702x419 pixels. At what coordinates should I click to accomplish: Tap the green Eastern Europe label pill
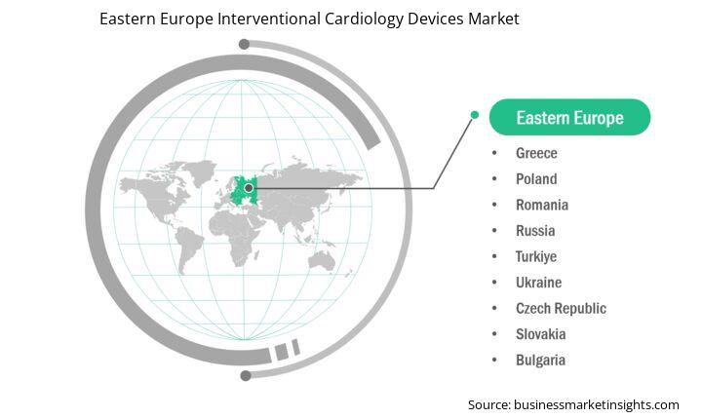pos(569,117)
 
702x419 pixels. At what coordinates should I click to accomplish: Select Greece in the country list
pos(536,153)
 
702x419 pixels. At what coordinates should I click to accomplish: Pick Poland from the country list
pos(536,179)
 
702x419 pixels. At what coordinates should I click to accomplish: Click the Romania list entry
pos(542,205)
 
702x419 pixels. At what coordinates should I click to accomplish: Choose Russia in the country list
pos(535,231)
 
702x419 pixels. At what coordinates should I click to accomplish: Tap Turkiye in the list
pos(536,257)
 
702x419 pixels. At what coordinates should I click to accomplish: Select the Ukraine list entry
pos(538,283)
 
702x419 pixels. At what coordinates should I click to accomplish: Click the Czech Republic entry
pos(561,309)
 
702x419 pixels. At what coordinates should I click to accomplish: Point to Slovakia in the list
pos(540,334)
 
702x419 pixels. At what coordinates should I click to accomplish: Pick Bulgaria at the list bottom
pos(540,361)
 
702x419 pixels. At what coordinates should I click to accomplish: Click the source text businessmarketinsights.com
pos(597,405)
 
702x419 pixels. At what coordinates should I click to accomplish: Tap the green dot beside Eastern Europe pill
pos(475,115)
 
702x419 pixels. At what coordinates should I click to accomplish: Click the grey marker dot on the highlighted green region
pos(249,188)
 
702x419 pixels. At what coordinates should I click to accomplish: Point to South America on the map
pos(187,248)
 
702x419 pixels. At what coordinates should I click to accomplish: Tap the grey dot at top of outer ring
pos(244,44)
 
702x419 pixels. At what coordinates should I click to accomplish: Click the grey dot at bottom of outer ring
pos(246,375)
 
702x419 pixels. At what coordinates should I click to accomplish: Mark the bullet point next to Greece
pos(494,153)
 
